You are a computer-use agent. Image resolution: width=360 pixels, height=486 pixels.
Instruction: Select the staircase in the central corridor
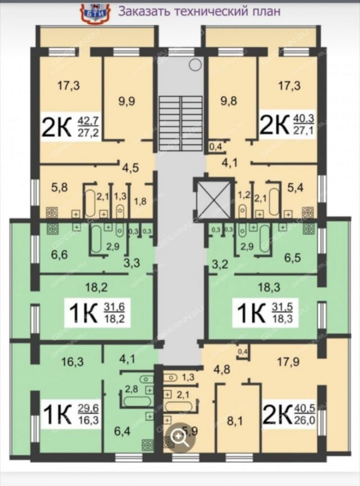181,123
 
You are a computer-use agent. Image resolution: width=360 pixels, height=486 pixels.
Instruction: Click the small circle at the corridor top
196,65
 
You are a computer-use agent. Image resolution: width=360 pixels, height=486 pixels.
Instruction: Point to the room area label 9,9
127,101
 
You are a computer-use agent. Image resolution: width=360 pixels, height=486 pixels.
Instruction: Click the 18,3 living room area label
269,287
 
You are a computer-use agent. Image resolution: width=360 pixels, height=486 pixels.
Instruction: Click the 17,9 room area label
288,361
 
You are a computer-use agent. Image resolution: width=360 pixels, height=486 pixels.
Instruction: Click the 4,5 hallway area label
130,168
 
